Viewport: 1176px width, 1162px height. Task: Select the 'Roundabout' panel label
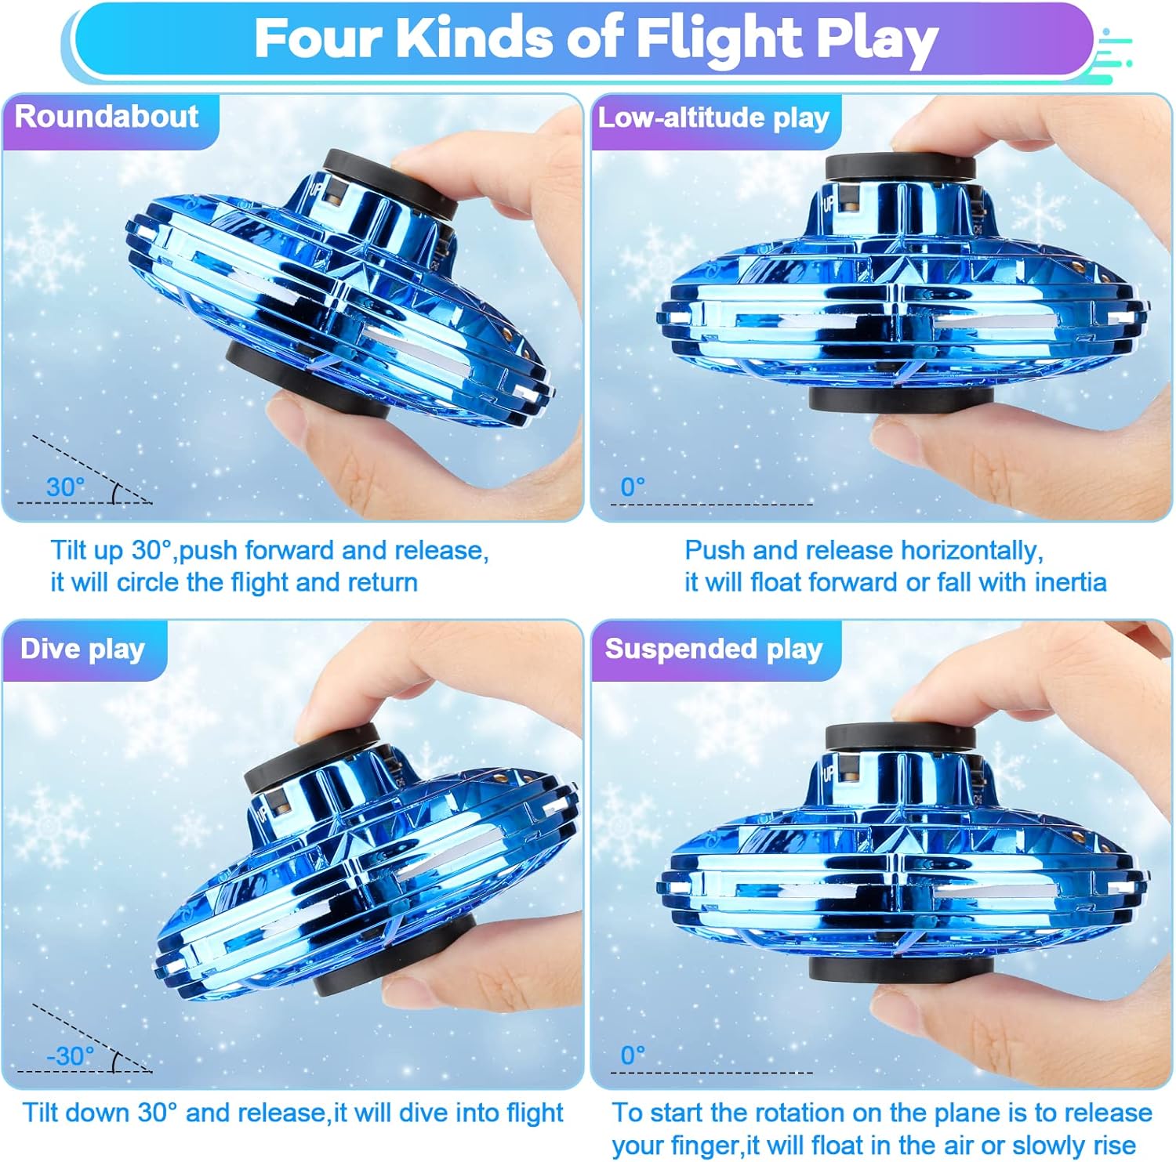coord(107,117)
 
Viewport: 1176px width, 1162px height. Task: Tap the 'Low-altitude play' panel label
coord(713,118)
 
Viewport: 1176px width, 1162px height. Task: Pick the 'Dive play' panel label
coord(82,650)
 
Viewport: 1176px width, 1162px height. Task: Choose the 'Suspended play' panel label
coord(713,650)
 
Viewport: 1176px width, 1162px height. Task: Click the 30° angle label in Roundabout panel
coord(65,487)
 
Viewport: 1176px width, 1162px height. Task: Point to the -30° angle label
coord(70,1056)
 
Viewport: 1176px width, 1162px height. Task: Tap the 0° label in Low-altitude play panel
coord(632,487)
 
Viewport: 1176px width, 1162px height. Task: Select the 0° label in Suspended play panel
coord(632,1056)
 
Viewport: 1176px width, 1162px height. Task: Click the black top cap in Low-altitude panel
coord(900,166)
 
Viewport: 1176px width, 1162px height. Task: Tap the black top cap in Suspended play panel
coord(900,737)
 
